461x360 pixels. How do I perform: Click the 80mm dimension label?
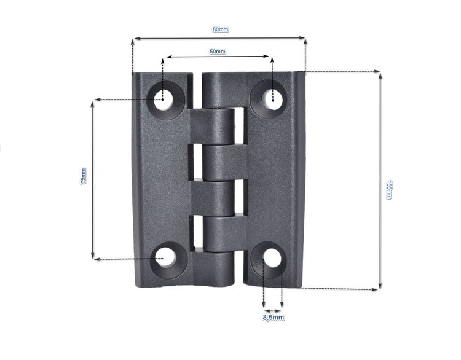221,29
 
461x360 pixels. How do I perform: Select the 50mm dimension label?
218,52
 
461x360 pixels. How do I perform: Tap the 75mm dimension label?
83,176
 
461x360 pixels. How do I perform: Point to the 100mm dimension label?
388,190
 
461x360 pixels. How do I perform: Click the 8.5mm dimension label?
274,318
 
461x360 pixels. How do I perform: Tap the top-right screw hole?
272,100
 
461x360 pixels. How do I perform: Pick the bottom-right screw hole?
272,258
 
